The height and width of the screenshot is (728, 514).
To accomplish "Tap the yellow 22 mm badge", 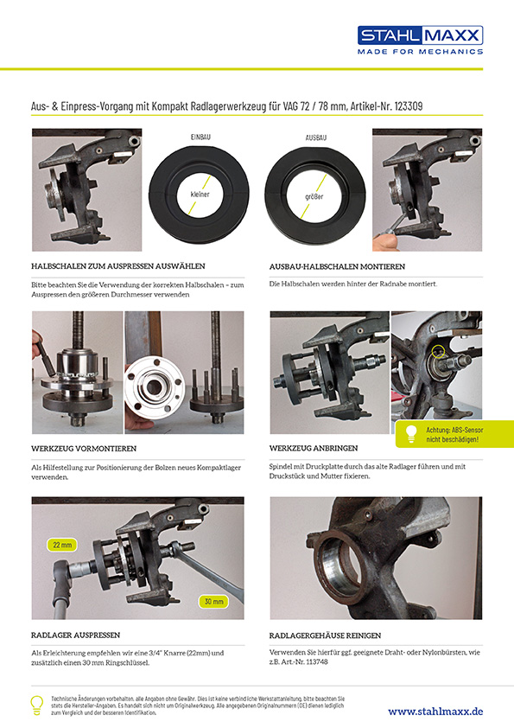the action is pyautogui.click(x=61, y=545).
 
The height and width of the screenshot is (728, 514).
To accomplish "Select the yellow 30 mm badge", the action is pyautogui.click(x=213, y=601).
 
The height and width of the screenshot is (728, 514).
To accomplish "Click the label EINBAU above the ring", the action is pyautogui.click(x=200, y=137).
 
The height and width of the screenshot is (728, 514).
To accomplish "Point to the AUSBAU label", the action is pyautogui.click(x=316, y=137).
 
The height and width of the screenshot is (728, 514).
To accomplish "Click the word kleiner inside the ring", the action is pyautogui.click(x=200, y=194).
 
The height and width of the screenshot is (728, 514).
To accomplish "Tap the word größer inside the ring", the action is pyautogui.click(x=314, y=196).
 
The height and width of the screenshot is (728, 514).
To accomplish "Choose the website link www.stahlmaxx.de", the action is pyautogui.click(x=435, y=711).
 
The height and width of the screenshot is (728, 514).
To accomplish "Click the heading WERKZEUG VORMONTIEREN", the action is pyautogui.click(x=84, y=449).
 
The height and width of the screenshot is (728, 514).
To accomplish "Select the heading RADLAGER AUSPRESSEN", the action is pyautogui.click(x=76, y=635).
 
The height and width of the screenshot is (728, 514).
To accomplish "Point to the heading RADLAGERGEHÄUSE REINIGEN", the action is pyautogui.click(x=325, y=635).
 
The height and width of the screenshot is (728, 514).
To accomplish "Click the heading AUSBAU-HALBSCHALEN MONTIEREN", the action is pyautogui.click(x=337, y=266).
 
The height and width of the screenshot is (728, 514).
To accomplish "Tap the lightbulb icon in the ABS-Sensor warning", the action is pyautogui.click(x=410, y=434).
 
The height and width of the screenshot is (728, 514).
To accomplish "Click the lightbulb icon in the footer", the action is pyautogui.click(x=36, y=705).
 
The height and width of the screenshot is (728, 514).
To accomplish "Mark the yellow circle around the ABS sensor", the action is pyautogui.click(x=437, y=352).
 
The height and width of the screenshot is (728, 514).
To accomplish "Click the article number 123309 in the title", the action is pyautogui.click(x=409, y=106).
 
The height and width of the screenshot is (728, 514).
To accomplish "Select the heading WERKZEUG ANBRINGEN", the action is pyautogui.click(x=314, y=448).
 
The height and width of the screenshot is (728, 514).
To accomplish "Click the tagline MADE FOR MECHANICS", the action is pyautogui.click(x=421, y=52).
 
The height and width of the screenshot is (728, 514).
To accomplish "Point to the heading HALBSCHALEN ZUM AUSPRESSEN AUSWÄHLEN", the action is pyautogui.click(x=118, y=266).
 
